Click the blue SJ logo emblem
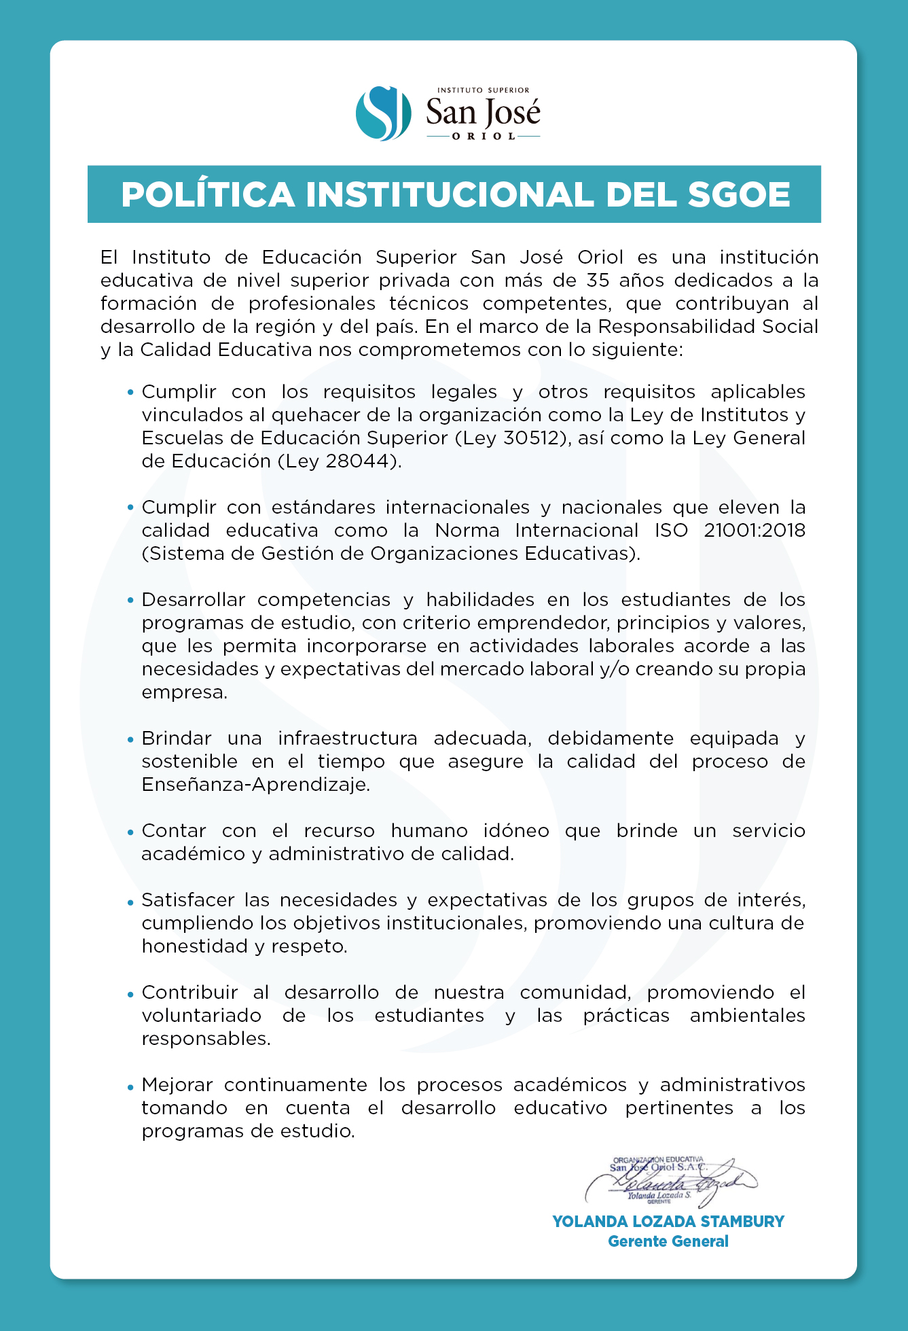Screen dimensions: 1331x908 click(383, 113)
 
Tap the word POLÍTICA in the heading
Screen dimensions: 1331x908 click(208, 195)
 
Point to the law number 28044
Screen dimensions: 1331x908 click(361, 461)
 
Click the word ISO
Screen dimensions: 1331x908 click(671, 531)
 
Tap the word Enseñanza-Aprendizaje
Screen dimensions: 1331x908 click(255, 785)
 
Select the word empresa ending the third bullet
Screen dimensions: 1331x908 click(184, 693)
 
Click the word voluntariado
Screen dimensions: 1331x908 click(201, 1016)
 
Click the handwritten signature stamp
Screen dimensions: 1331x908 click(669, 1182)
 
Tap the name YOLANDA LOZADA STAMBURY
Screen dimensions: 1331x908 click(668, 1222)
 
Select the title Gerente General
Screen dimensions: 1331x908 click(668, 1241)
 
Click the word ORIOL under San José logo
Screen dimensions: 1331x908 click(484, 137)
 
